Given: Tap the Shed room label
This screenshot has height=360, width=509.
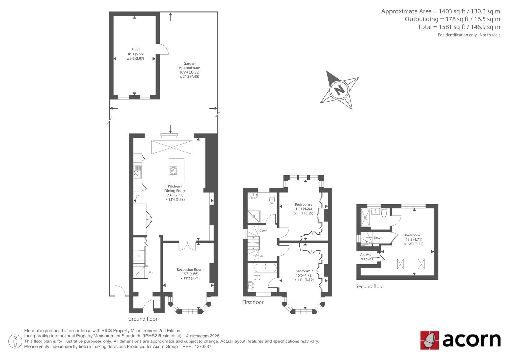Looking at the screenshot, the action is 136,50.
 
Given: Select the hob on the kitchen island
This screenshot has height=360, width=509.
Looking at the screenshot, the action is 173,170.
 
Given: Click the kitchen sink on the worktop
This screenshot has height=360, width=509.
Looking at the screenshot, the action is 137,172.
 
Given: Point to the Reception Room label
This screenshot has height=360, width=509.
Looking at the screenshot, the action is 190,270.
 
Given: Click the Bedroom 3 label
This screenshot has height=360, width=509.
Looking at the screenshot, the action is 303,204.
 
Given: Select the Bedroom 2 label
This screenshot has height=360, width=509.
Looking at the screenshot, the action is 304,271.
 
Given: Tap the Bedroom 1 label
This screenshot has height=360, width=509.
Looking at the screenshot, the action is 414,235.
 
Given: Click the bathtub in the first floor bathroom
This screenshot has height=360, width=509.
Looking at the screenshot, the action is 265,268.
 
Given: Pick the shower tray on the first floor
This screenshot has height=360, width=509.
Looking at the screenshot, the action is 254,216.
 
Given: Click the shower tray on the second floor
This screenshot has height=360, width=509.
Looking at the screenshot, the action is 366,218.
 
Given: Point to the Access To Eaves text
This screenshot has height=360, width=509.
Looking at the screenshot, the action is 366,257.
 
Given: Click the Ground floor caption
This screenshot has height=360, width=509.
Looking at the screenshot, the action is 143,319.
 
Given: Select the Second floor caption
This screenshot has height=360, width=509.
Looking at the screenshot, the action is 370,286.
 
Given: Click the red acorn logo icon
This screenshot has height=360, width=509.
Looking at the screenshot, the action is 429,340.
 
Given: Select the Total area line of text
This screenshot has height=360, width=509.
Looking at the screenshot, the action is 459,27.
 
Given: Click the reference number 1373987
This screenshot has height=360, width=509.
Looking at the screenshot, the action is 203,347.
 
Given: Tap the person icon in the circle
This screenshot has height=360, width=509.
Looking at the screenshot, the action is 15,341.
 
